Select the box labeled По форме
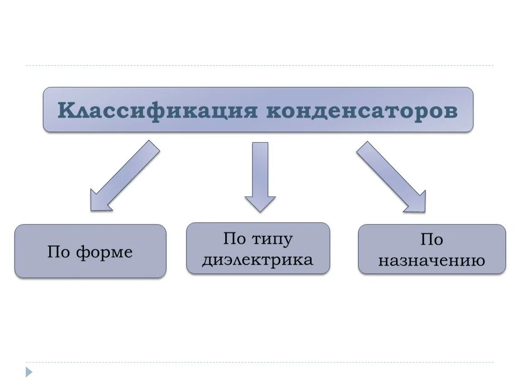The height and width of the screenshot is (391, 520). point(90,251)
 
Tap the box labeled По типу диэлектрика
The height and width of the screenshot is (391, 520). point(258,248)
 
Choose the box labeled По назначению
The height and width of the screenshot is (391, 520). point(431,249)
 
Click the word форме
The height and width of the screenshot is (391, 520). point(104,252)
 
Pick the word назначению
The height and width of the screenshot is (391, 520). point(431,261)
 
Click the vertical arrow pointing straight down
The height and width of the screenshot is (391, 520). point(260,176)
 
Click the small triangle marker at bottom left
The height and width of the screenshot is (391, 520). point(29,372)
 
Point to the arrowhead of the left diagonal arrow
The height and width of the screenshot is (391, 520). point(99,202)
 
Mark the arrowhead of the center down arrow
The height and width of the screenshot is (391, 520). point(260,203)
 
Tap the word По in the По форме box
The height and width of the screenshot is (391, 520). point(58,252)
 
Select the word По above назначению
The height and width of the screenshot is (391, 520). point(431,239)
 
